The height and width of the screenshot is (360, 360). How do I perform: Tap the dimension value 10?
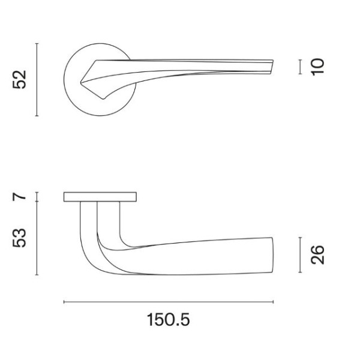click(317, 66)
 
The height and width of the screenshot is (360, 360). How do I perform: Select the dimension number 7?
click(21, 197)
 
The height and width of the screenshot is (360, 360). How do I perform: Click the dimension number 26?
click(318, 254)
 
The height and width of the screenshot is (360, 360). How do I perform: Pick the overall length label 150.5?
click(169, 320)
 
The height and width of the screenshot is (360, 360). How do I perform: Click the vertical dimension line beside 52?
click(37, 79)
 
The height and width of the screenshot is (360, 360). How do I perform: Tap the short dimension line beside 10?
click(299, 66)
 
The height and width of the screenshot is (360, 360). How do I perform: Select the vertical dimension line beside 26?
click(299, 254)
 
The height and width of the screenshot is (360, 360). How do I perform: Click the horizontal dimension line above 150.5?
click(169, 302)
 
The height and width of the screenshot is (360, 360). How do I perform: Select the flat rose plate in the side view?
click(100, 197)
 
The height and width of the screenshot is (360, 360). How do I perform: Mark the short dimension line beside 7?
click(37, 197)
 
